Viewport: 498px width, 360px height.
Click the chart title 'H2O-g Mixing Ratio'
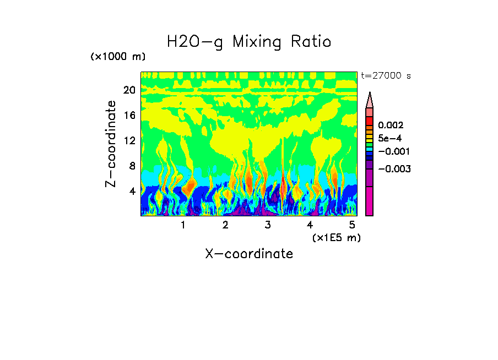click(x=249, y=42)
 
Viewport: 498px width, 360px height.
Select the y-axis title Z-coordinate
click(x=111, y=144)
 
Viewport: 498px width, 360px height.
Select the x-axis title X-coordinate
click(x=249, y=254)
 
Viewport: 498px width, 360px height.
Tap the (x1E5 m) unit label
click(x=336, y=237)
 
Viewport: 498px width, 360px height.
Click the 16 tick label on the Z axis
click(x=129, y=116)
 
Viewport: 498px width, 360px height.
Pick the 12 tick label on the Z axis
click(x=129, y=140)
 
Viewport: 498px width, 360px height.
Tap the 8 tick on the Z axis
click(x=132, y=166)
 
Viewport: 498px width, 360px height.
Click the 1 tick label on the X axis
click(x=183, y=225)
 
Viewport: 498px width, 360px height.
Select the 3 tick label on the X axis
click(x=268, y=225)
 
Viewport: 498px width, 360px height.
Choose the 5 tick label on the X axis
click(x=352, y=225)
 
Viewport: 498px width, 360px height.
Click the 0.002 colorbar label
click(x=390, y=126)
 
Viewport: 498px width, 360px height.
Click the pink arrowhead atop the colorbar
click(x=370, y=100)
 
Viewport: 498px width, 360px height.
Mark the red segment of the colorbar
click(x=370, y=121)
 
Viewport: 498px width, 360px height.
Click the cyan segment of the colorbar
click(x=370, y=149)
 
